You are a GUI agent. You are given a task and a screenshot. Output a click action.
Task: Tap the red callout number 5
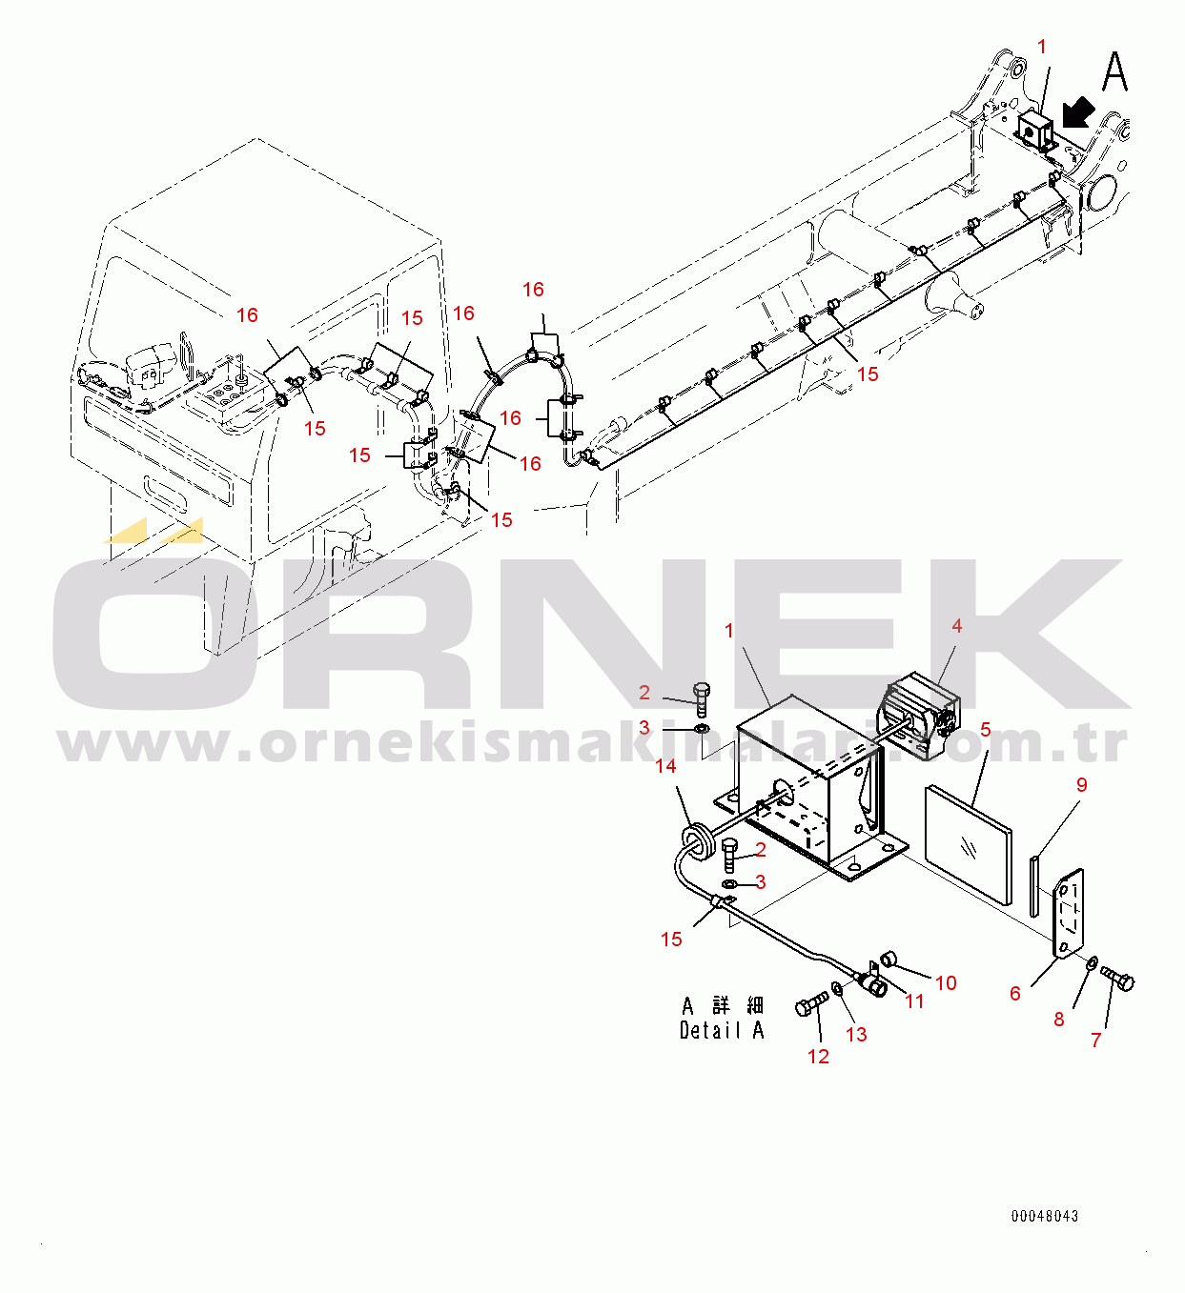[x=985, y=730]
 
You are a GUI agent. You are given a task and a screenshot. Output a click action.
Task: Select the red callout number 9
[x=1082, y=784]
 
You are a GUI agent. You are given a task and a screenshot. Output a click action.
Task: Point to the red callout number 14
[x=665, y=766]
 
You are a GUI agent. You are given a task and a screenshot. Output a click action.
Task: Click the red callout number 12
[x=818, y=1056]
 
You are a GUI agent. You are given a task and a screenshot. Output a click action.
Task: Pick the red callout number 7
[x=1096, y=1040]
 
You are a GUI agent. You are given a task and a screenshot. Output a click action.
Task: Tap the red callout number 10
[x=946, y=983]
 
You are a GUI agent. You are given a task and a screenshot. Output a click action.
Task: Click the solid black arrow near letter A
[x=1078, y=114]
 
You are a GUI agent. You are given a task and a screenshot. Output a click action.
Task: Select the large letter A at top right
[x=1114, y=72]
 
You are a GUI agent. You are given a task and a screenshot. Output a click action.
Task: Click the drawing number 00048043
[x=1044, y=1216]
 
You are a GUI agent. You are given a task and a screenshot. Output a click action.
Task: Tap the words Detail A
[x=722, y=1031]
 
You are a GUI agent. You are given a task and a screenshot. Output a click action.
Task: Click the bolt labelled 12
[x=812, y=1004]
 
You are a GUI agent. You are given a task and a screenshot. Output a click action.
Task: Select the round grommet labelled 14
[x=698, y=842]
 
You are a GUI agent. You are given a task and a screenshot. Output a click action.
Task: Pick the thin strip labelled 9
[x=1034, y=885]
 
